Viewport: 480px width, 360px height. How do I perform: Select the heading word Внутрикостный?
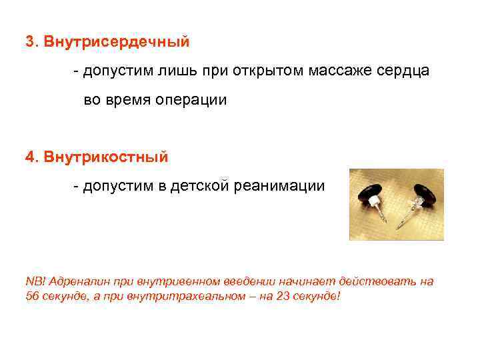[x=106, y=157]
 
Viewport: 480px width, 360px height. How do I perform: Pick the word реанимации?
[x=279, y=185]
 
